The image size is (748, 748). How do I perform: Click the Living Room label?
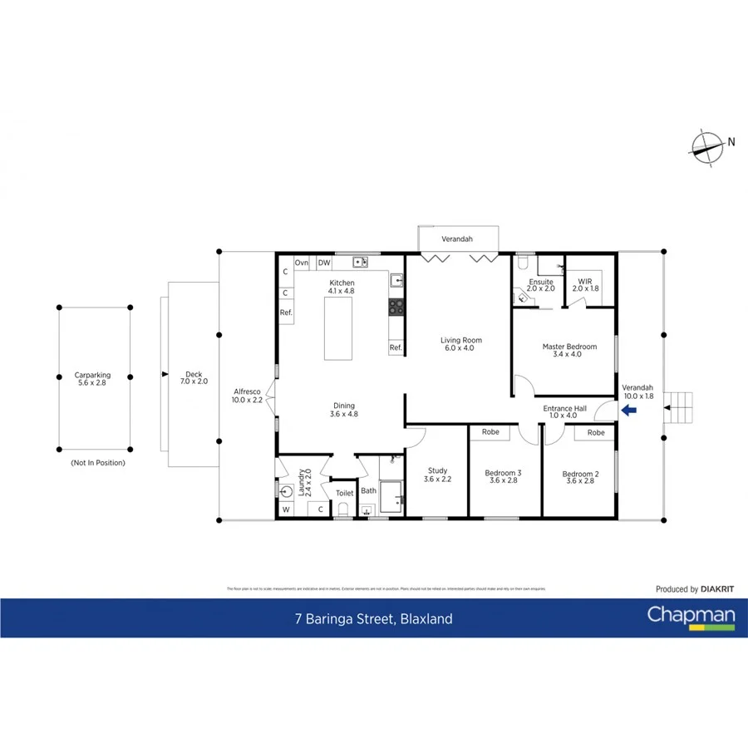click(x=460, y=344)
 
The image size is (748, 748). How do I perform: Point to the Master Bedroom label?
click(x=569, y=350)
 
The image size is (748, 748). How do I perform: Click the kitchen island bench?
click(x=337, y=328)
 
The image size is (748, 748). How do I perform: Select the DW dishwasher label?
click(x=324, y=263)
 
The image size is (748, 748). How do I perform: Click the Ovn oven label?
click(x=302, y=263)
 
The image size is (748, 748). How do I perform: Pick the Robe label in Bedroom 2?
click(x=595, y=432)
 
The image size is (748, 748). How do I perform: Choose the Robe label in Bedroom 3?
click(x=490, y=432)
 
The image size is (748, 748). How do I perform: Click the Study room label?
click(x=437, y=475)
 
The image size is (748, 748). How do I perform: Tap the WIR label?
click(x=586, y=285)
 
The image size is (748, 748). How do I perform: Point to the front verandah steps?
click(x=681, y=407)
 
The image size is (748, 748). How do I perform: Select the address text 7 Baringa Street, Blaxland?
click(x=373, y=618)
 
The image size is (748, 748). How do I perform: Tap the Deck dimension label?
click(x=193, y=378)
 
